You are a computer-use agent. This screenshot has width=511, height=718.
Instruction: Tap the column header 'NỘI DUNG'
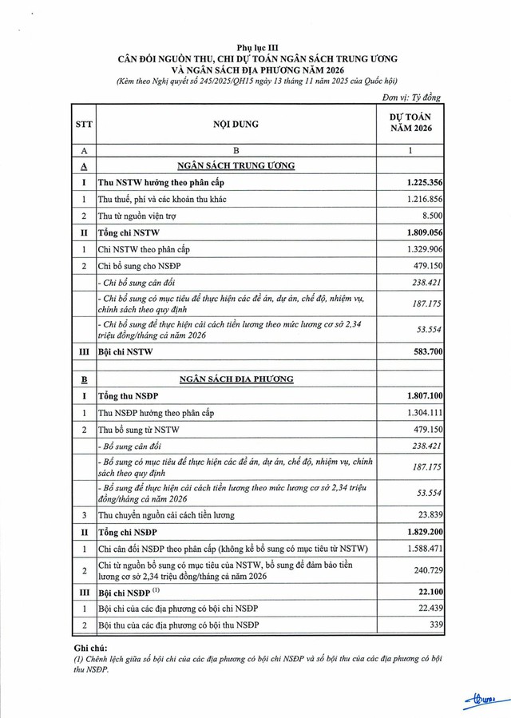(x=236, y=125)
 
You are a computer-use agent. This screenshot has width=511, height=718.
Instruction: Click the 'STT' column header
(x=83, y=125)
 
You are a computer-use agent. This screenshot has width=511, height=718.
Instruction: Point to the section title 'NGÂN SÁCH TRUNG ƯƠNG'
(x=236, y=165)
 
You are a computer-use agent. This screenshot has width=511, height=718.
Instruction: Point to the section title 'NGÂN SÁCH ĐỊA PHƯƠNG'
(x=236, y=379)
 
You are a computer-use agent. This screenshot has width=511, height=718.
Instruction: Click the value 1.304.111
(x=425, y=413)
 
